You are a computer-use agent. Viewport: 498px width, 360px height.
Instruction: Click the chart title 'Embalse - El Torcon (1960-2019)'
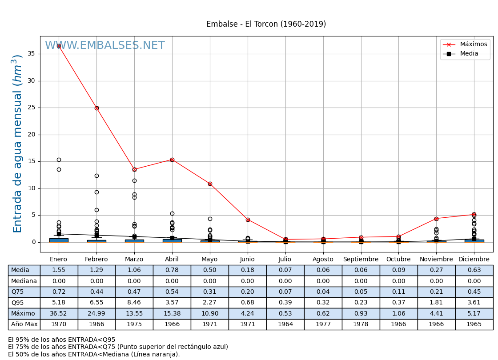pos(266,24)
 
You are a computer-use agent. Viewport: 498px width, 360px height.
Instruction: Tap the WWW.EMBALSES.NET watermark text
pos(105,46)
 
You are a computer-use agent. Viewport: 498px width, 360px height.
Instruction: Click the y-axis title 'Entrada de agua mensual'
pos(17,143)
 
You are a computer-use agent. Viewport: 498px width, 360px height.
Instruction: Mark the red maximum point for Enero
pos(59,46)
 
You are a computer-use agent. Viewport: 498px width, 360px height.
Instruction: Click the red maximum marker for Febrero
pos(96,108)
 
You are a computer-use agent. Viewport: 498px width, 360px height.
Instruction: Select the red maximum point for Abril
pos(172,160)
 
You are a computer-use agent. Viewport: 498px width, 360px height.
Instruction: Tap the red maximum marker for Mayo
pos(210,184)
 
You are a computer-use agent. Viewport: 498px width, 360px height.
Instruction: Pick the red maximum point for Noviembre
pos(436,219)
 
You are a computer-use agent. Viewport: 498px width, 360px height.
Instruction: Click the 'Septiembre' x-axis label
pos(361,260)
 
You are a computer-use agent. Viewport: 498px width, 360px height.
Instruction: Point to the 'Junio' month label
pos(247,260)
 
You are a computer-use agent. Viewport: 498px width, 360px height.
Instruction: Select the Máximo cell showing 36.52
pos(59,314)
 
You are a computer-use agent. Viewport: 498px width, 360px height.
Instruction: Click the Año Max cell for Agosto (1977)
pos(323,324)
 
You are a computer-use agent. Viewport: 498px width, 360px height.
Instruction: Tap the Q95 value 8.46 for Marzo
pos(134,303)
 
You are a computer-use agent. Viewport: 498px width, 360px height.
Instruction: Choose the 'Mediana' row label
pos(24,281)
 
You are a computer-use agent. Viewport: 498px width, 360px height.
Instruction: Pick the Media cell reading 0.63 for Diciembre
pos(474,270)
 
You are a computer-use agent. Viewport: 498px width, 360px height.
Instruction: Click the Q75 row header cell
pos(24,292)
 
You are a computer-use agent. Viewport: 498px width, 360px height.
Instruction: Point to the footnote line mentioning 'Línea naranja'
pos(94,354)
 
